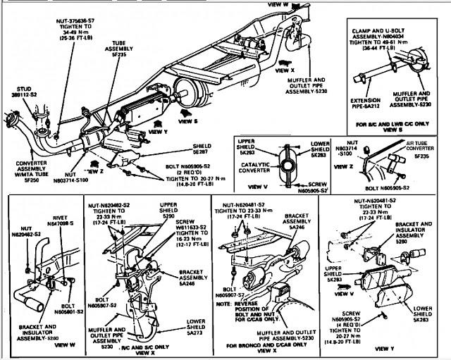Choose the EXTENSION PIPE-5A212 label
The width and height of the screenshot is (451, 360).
(x=365, y=104)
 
